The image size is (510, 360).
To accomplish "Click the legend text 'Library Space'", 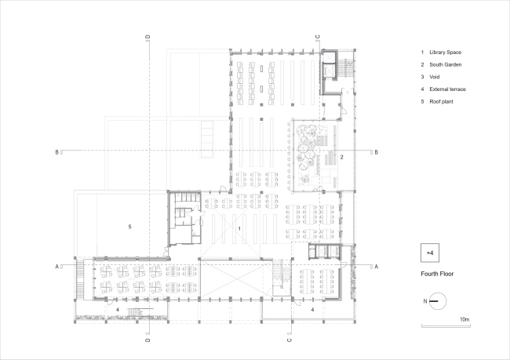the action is [x=445, y=53].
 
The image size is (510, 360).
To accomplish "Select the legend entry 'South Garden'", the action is [x=446, y=65].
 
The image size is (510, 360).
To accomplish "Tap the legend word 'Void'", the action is [x=434, y=77].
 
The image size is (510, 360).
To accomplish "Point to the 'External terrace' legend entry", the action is [x=447, y=89].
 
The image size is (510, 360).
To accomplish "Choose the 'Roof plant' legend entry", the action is [x=441, y=101].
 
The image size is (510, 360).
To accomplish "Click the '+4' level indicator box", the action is [x=430, y=253].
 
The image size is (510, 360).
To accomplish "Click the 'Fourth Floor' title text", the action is [x=437, y=274].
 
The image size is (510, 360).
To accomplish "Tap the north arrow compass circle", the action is [x=438, y=301].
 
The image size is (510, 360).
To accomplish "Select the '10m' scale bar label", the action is [x=464, y=319].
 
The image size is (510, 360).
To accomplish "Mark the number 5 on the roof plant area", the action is [x=129, y=227].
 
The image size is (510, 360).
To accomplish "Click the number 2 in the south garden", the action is [x=341, y=158].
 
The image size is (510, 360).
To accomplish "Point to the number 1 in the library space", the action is [x=239, y=229].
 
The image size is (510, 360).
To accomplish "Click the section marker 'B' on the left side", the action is [x=57, y=152].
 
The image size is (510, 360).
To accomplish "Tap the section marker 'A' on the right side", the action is [x=377, y=267].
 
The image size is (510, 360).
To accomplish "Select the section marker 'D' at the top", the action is [x=148, y=37].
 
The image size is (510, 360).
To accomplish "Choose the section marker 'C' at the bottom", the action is [x=290, y=340].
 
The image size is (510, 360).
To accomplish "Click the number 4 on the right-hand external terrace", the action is [x=312, y=310].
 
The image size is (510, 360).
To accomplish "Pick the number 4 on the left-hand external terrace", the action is [x=118, y=310].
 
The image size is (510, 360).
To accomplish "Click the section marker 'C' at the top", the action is [x=318, y=37].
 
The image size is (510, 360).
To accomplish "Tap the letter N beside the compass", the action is [x=425, y=301].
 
